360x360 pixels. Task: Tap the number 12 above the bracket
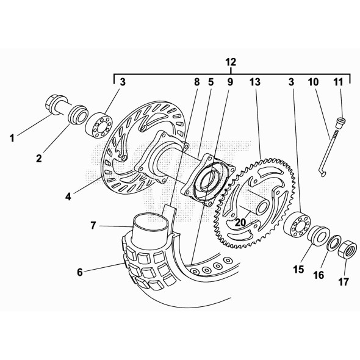pyautogui.click(x=229, y=62)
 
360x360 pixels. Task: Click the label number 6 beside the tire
pyautogui.click(x=80, y=273)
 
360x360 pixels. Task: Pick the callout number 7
pyautogui.click(x=93, y=226)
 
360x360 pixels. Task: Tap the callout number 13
pyautogui.click(x=254, y=81)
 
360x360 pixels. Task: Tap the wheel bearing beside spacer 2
pyautogui.click(x=98, y=126)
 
